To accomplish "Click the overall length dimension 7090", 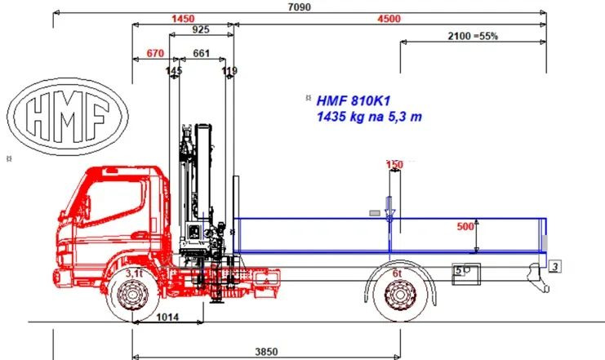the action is click(x=300, y=7).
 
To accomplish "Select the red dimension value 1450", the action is click(x=183, y=19).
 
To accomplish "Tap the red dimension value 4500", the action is click(x=389, y=19).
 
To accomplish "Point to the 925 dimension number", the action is click(x=201, y=29).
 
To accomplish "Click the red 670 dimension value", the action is click(x=155, y=53).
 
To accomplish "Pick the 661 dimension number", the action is click(x=201, y=53).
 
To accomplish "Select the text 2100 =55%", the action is click(x=473, y=36).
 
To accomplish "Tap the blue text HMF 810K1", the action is click(x=353, y=101).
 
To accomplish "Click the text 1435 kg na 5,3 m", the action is click(x=369, y=117).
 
